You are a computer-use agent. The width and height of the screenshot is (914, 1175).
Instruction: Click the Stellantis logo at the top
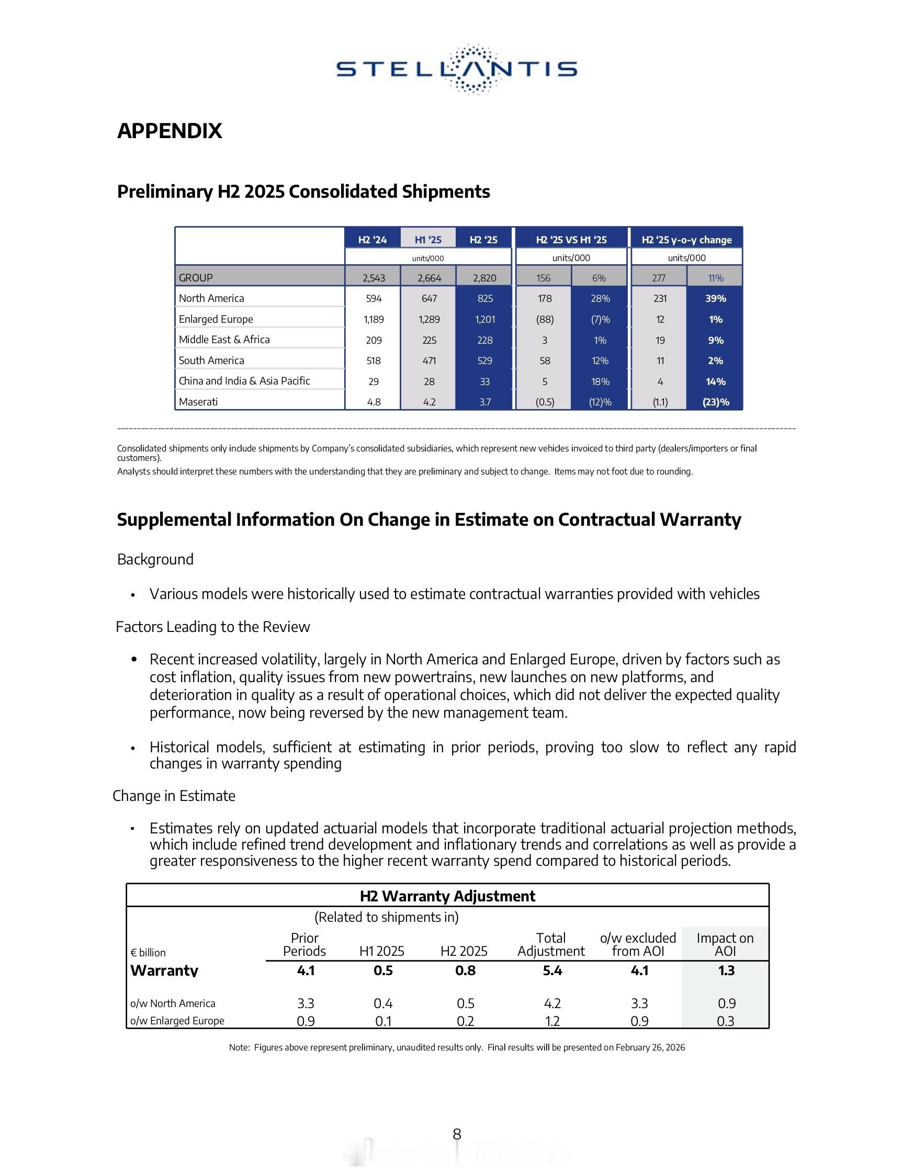pos(457,70)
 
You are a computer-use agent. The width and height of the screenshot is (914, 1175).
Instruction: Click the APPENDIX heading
pos(170,131)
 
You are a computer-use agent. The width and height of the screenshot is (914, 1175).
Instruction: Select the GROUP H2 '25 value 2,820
pos(484,278)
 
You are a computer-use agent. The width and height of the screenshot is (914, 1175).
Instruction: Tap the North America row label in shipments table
pos(211,299)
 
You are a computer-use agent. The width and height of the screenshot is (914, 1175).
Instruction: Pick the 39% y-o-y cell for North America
pos(716,299)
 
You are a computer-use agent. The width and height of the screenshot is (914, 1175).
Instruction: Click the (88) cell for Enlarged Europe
pos(545,320)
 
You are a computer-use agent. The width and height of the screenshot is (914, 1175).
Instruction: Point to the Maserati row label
pos(198,402)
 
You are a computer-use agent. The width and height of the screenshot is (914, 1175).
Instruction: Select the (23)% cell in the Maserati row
pos(716,402)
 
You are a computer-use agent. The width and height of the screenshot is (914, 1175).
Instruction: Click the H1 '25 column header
pos(427,240)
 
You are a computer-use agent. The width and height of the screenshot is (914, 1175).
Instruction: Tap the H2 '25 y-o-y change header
pos(686,240)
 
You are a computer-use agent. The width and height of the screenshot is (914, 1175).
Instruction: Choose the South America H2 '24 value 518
pos(374,361)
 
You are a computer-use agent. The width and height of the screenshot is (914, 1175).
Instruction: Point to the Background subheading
pos(155,560)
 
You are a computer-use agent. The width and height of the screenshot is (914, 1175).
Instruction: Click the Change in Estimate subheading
pos(174,796)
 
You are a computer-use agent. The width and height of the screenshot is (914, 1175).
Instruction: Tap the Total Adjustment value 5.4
pos(552,970)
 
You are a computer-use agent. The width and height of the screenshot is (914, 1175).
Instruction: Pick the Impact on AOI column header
pos(725,945)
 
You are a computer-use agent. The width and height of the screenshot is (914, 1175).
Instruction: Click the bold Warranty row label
pos(164,970)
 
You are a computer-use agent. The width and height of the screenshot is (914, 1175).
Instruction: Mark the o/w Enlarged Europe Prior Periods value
pos(306,1021)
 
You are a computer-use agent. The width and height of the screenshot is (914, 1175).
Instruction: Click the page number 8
pos(457,1134)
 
